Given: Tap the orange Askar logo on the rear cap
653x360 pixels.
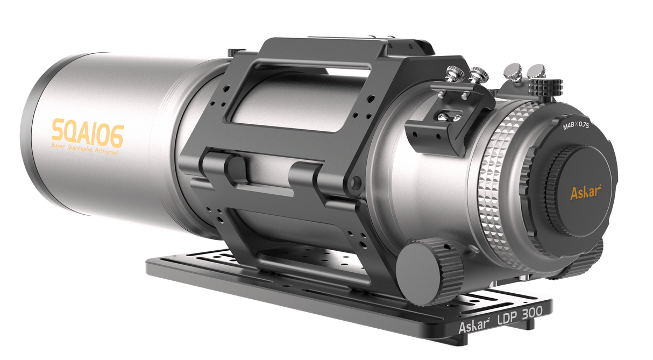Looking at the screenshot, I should tap(585, 192).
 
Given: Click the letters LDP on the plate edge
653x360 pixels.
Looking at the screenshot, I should tap(499, 319).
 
